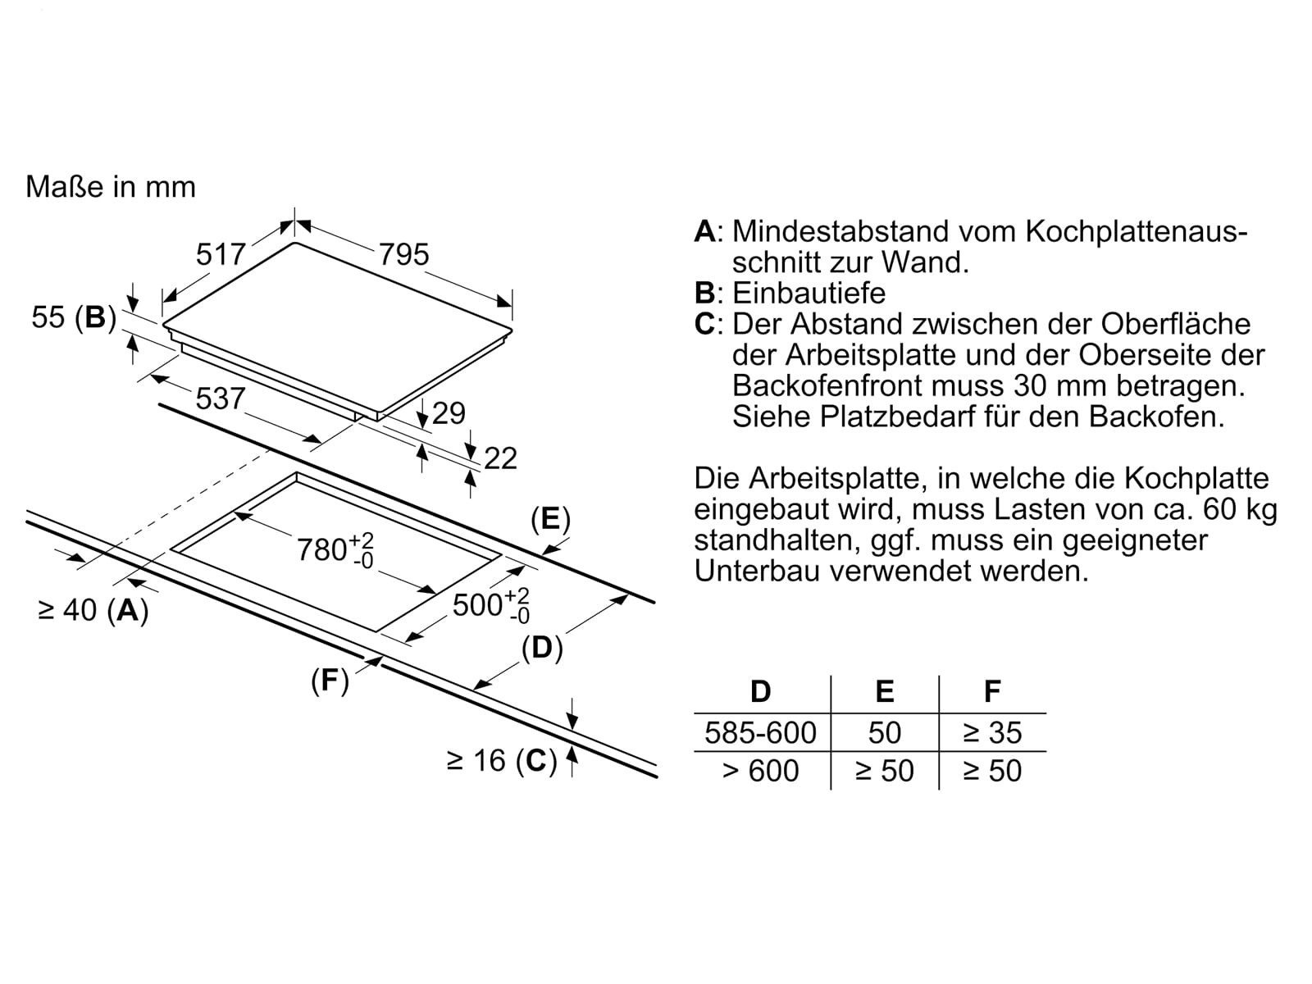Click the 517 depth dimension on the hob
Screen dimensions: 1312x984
tap(221, 254)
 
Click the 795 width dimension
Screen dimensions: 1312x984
tap(403, 254)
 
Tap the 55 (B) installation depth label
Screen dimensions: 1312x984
tap(72, 317)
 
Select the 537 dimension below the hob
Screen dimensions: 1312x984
tap(221, 399)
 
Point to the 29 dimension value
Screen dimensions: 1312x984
tap(449, 413)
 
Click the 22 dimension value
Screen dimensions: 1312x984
tap(500, 458)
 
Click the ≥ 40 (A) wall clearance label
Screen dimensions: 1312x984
tap(93, 610)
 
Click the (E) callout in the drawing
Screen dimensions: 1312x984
tap(550, 519)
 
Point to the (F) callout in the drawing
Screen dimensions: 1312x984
tap(330, 680)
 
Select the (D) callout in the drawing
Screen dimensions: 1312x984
tap(542, 648)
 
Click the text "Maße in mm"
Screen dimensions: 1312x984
tap(111, 187)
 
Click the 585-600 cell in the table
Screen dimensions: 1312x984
tap(761, 732)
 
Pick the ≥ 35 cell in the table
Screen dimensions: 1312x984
tap(992, 732)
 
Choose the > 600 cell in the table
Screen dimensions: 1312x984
tap(761, 771)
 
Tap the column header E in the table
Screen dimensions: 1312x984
tap(884, 692)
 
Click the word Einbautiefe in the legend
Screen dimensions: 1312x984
tap(809, 293)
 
